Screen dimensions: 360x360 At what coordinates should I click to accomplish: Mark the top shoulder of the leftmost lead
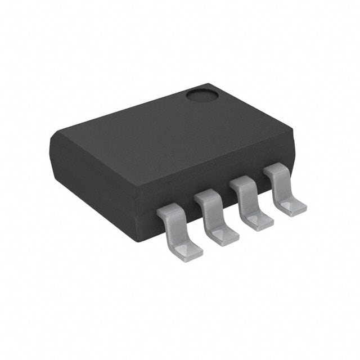click(x=170, y=211)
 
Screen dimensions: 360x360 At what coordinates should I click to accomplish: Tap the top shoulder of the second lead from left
click(x=207, y=196)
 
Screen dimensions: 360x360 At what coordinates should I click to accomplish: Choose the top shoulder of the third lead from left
click(x=242, y=182)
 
